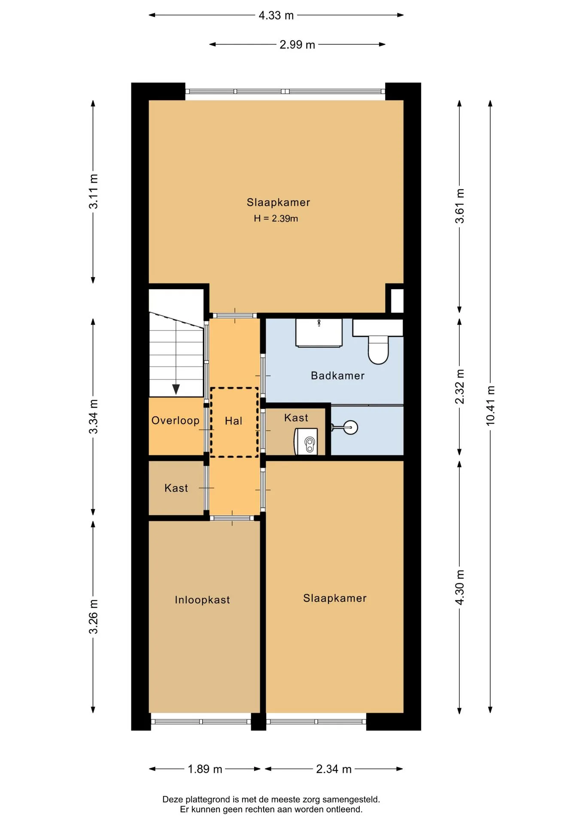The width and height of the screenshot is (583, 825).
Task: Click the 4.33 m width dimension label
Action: [x=276, y=15]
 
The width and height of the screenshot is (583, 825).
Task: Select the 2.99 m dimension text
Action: [x=297, y=45]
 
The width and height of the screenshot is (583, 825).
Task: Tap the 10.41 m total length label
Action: [x=490, y=406]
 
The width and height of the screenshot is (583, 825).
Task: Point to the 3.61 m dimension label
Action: [x=460, y=206]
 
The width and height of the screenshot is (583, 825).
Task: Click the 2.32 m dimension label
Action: [x=460, y=386]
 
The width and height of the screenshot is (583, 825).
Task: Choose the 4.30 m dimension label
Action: [x=460, y=587]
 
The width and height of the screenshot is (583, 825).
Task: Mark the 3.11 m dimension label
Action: [x=93, y=192]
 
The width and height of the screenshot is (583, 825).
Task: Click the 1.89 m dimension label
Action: [x=205, y=769]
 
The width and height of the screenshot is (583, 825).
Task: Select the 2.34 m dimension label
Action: [x=334, y=769]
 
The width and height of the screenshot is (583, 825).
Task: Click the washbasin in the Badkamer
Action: [x=319, y=332]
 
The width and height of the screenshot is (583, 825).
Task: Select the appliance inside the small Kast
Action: [x=306, y=441]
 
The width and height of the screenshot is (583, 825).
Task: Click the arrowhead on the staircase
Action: [x=176, y=389]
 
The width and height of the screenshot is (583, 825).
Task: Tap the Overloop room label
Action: [x=176, y=420]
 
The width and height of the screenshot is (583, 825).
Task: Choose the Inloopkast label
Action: [x=202, y=600]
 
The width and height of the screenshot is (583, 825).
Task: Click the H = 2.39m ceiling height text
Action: [x=276, y=218]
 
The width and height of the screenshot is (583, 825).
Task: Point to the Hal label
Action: [x=234, y=421]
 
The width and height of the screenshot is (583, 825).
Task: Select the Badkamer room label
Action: [x=338, y=376]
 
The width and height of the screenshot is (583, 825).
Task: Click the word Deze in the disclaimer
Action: [x=173, y=800]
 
